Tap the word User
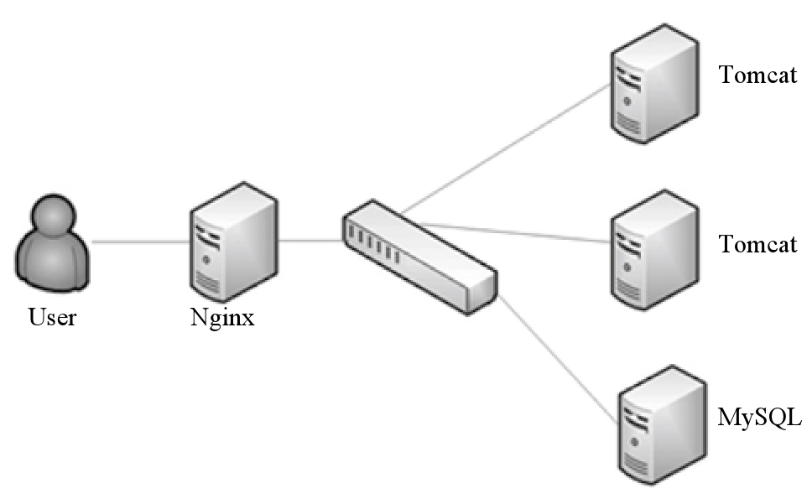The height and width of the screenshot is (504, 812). pos(52,318)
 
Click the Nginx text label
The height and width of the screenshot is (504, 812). pos(222,318)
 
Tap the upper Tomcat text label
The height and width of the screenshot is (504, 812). pos(757,75)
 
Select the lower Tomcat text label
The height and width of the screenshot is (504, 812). pos(757,244)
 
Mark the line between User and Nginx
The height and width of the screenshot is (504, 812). pos(141,242)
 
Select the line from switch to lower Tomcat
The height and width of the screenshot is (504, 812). pos(520,231)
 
